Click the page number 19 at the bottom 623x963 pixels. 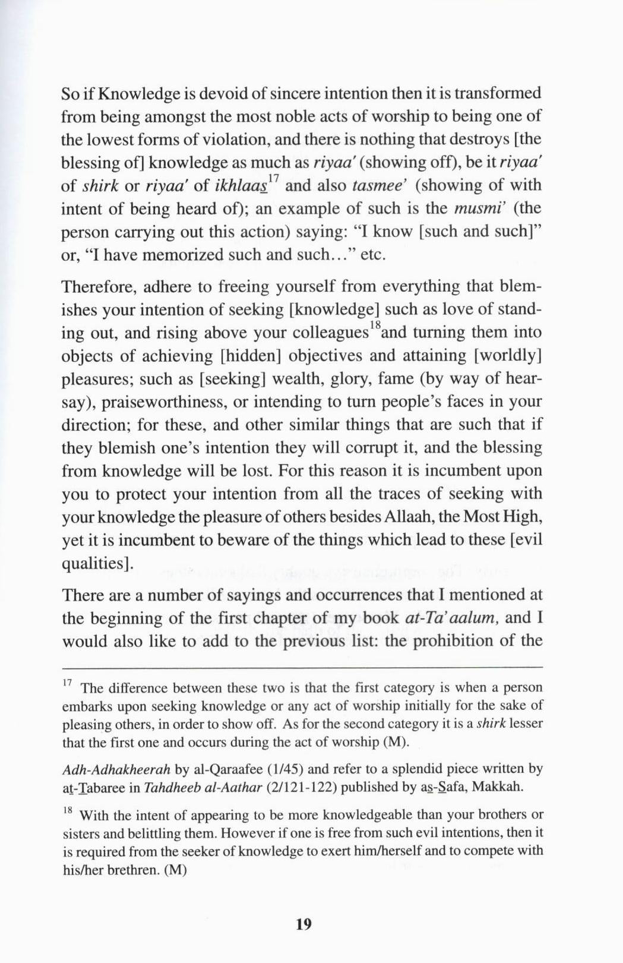(x=303, y=924)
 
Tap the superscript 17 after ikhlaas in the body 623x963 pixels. (x=273, y=179)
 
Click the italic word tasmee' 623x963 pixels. (x=378, y=185)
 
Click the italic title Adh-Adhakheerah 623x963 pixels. (x=116, y=769)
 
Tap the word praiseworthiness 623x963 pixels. (x=165, y=402)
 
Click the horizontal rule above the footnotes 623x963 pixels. (x=302, y=667)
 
